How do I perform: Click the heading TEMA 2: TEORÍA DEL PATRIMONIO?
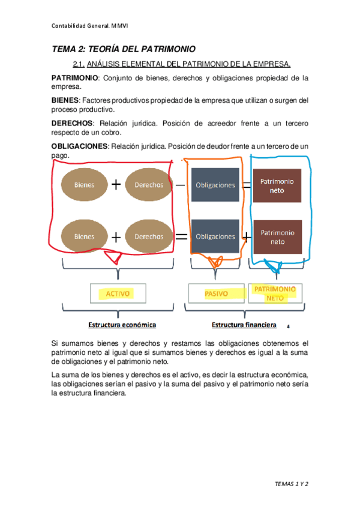click(124, 49)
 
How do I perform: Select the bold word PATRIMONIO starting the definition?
click(73, 78)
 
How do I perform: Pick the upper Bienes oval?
click(85, 185)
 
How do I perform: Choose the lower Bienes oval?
click(85, 236)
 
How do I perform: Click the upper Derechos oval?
click(149, 185)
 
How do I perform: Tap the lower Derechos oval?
click(149, 236)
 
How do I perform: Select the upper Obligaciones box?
click(215, 185)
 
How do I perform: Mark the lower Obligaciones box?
click(215, 236)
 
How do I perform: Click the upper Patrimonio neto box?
click(277, 185)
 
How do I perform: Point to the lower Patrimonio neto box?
click(277, 236)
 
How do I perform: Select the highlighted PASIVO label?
click(215, 294)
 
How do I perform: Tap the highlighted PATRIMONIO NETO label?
click(275, 293)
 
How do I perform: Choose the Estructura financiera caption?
click(244, 325)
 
